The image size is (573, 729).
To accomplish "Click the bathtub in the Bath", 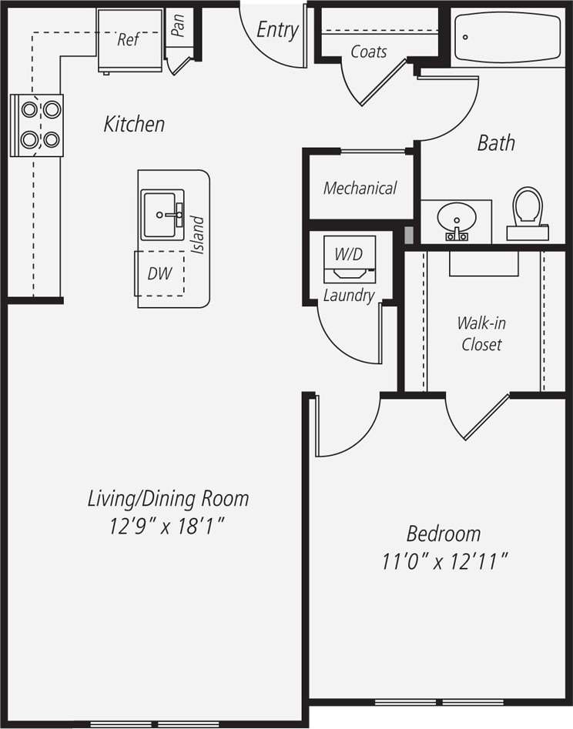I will click(x=508, y=38).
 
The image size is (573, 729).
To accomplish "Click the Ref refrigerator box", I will click(x=129, y=40).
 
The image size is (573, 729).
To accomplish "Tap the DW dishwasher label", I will click(x=160, y=273).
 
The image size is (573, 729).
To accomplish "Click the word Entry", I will click(x=277, y=30).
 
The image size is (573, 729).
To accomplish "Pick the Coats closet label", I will click(x=369, y=52).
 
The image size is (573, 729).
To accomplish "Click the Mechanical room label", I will click(x=360, y=188).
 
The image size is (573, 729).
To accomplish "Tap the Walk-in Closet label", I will click(x=481, y=333).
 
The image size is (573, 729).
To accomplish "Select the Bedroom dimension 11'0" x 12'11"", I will click(x=444, y=562).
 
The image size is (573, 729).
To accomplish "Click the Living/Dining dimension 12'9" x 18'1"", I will click(x=167, y=527).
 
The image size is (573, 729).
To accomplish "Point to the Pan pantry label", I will click(x=179, y=27).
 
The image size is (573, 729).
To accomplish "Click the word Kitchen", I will click(x=134, y=124).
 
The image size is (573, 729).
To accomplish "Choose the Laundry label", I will click(x=348, y=296).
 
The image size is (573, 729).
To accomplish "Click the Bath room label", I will click(x=496, y=142).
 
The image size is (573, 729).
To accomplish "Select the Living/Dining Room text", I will click(x=168, y=498).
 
